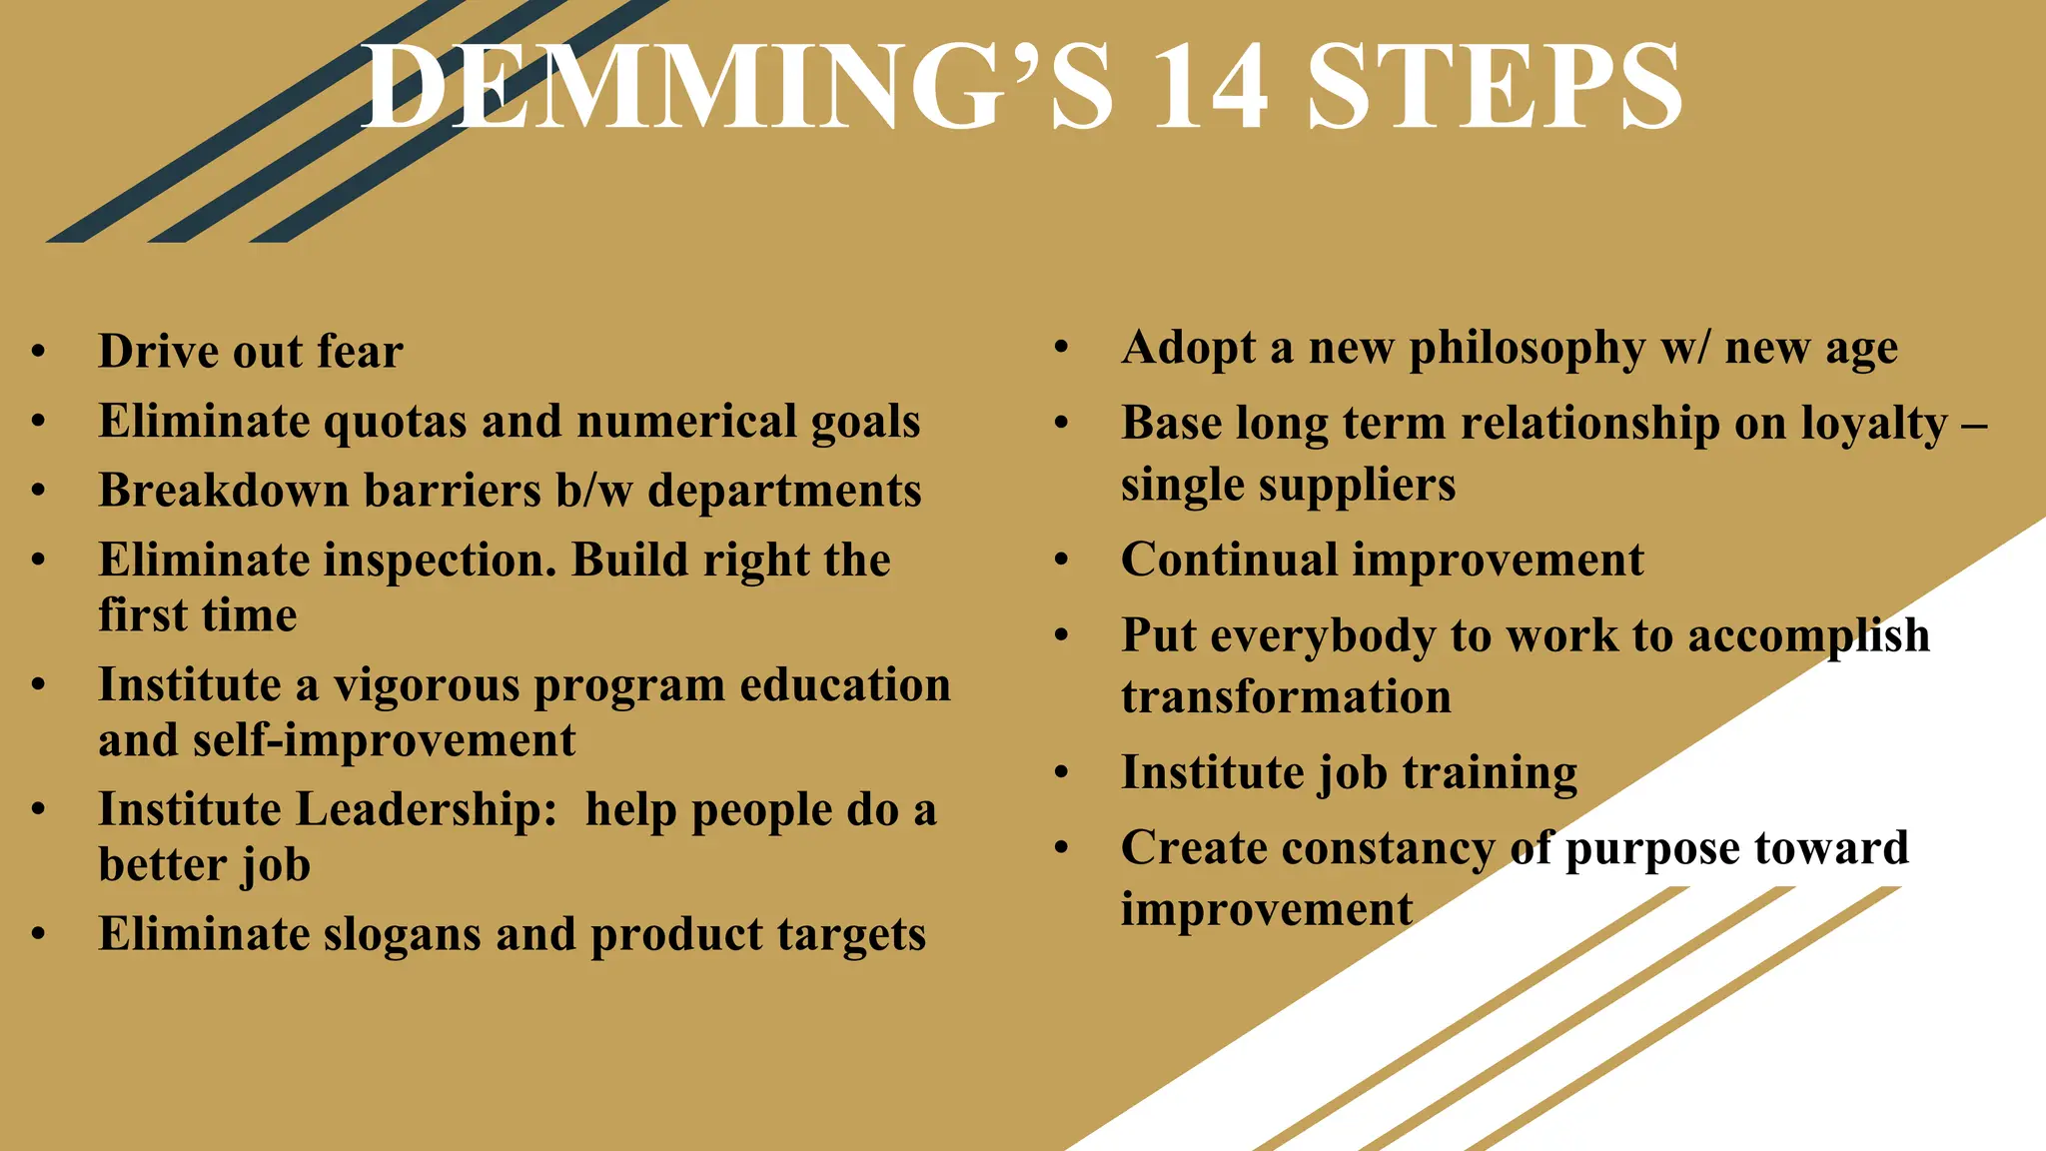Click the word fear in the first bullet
(360, 352)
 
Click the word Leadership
(428, 810)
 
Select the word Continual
(1228, 560)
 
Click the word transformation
(1286, 696)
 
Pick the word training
(1490, 773)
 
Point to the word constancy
(1388, 848)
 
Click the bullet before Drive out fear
(38, 352)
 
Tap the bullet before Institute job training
(1061, 772)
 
